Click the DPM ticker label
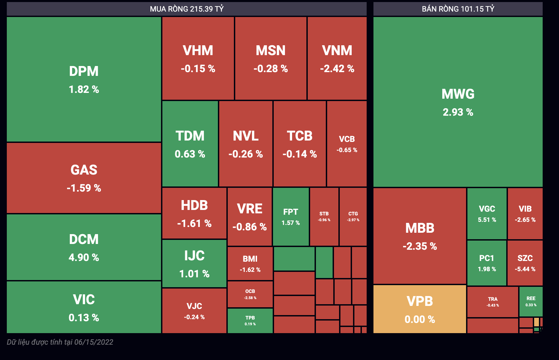[84, 71]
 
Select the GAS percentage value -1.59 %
[84, 188]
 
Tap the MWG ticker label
[458, 94]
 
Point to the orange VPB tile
[419, 309]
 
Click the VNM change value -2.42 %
[337, 69]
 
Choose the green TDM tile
[190, 144]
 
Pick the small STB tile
[324, 216]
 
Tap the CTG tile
[353, 216]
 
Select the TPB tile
[250, 321]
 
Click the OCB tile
[250, 294]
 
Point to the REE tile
[531, 301]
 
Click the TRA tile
[493, 302]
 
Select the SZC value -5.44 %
[525, 269]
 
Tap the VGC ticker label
[487, 209]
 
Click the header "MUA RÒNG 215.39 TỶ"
[187, 9]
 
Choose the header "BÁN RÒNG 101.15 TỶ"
[458, 9]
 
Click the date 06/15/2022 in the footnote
[94, 342]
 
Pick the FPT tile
[291, 216]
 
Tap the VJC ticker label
[194, 306]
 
